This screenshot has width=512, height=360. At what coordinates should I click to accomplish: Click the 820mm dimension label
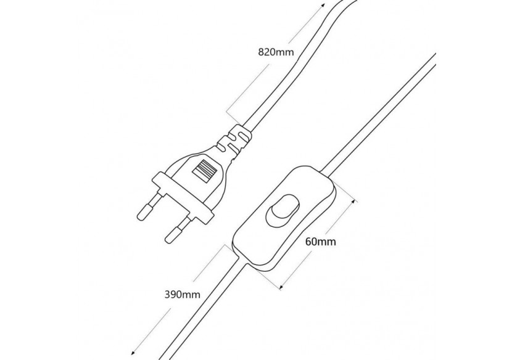[275, 52]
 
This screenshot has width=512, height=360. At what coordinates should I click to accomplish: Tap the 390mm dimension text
[183, 295]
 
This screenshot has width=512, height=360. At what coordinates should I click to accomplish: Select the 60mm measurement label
[320, 242]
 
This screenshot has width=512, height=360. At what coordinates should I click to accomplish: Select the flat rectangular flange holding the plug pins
[183, 197]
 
